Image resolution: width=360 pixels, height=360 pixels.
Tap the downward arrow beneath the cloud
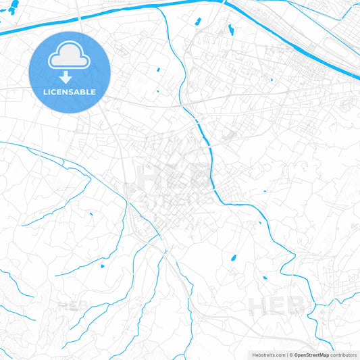tap(66, 77)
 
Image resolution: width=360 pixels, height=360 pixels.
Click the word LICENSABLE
tap(70, 91)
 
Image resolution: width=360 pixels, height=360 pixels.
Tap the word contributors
tap(344, 354)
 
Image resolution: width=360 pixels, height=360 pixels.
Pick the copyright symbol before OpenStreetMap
tap(291, 354)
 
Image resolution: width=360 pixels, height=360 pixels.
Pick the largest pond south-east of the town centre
tap(234, 258)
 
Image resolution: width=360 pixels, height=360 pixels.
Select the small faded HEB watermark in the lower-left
tap(71, 305)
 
